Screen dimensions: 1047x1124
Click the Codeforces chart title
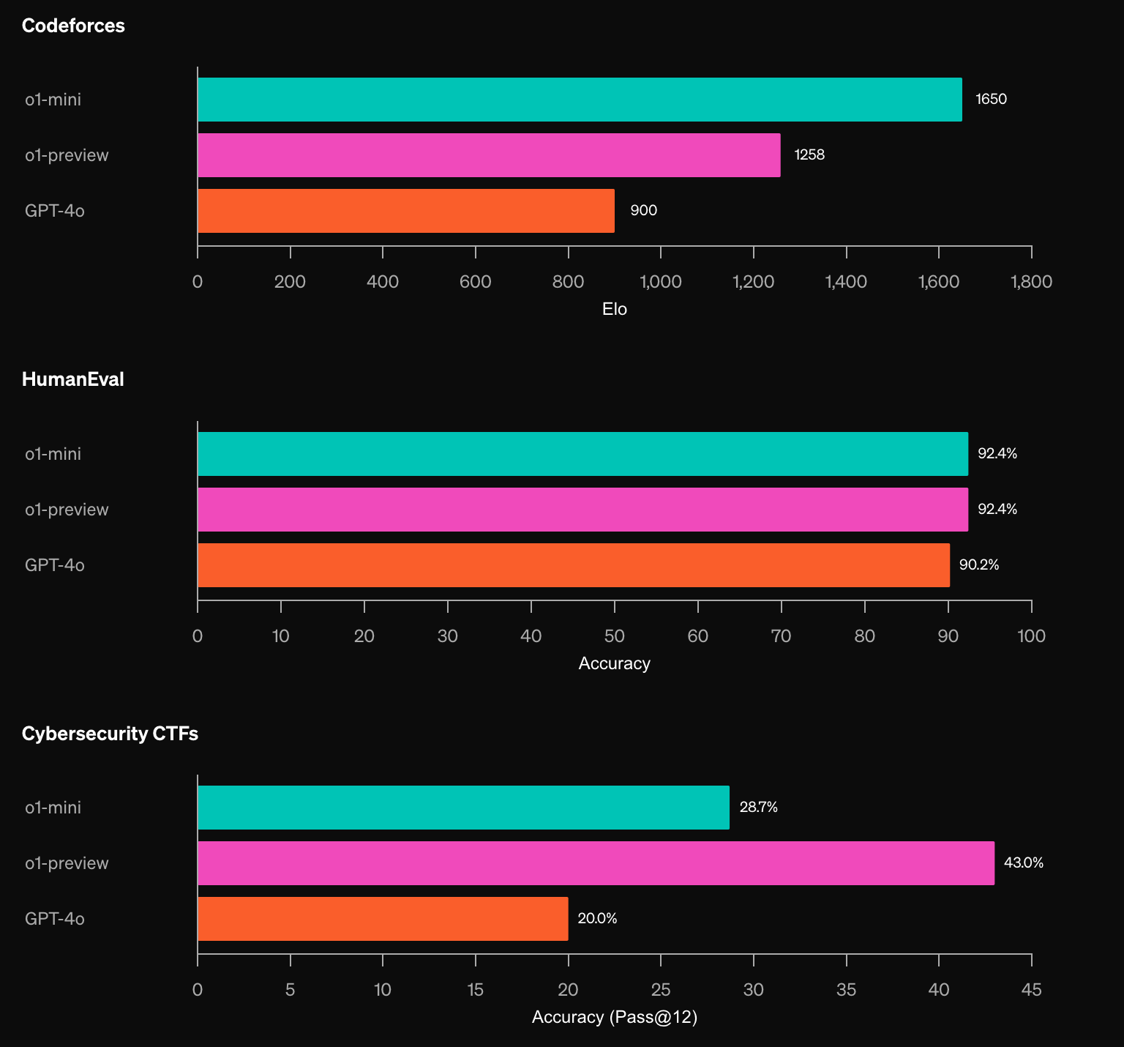pos(73,26)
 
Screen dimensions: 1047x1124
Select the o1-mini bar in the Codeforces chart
pos(580,100)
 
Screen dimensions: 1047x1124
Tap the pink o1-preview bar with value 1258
pos(489,155)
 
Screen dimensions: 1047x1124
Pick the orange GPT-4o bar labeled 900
pos(406,211)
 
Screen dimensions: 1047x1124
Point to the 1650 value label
pos(992,99)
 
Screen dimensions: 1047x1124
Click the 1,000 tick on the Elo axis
pos(661,282)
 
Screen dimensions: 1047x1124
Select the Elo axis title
pos(615,309)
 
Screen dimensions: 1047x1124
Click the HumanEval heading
pos(73,379)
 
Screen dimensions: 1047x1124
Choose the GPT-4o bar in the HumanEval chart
pos(574,565)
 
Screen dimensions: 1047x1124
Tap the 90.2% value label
pos(979,565)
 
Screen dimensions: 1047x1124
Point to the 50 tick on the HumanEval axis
pos(615,636)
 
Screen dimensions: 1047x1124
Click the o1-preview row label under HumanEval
pos(67,510)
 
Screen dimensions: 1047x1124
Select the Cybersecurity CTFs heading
pos(110,734)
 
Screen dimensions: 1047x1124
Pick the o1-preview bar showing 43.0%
pos(596,863)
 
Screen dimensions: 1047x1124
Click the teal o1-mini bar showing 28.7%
pos(463,808)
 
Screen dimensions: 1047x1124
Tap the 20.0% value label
pos(597,918)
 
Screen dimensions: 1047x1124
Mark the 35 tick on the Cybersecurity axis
pos(846,990)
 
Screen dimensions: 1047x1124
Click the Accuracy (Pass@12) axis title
pos(615,1017)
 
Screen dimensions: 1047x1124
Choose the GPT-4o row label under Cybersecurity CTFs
pos(55,919)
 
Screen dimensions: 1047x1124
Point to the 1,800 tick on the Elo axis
pos(1032,282)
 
